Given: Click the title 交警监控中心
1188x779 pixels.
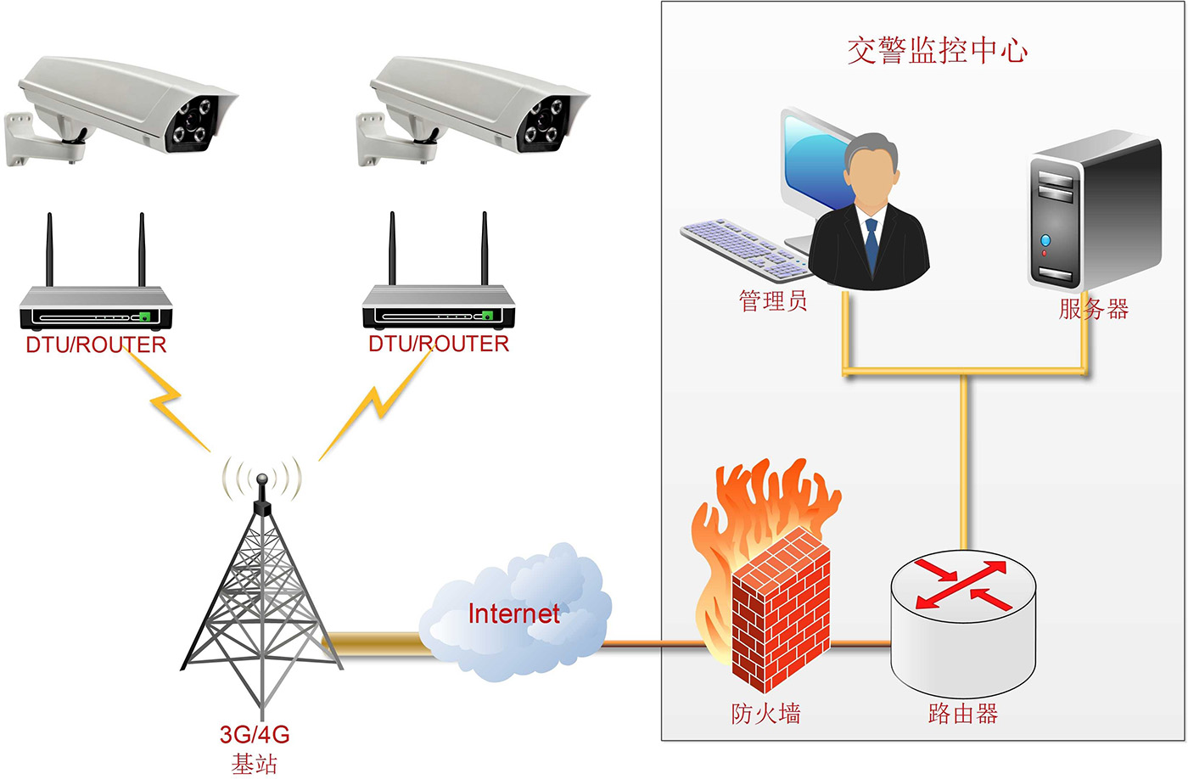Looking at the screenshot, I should (x=937, y=51).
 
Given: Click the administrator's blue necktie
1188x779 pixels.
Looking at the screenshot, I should (x=871, y=242).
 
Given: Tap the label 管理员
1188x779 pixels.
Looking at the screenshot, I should (x=772, y=301).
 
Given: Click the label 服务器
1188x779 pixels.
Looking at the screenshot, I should (x=1093, y=309).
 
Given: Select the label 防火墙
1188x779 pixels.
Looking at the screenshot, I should (x=765, y=714).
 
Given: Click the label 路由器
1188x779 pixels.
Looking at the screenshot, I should (x=963, y=714).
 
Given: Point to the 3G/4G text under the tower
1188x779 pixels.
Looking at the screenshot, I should (x=255, y=735).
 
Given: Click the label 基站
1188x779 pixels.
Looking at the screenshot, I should (x=255, y=764).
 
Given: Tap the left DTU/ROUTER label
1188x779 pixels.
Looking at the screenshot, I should (x=96, y=345).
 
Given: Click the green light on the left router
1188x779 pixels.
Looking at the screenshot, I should (x=144, y=317).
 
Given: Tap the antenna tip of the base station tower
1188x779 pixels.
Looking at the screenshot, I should (x=262, y=479).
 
